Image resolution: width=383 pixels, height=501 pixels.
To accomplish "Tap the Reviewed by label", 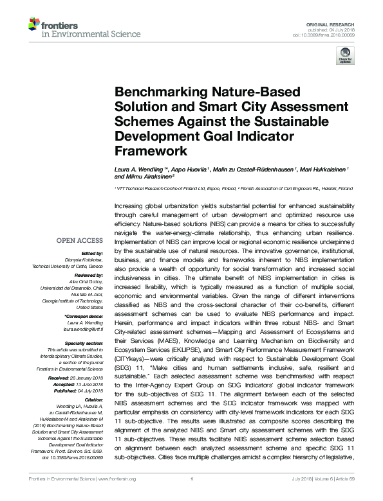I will tap(86, 273).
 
